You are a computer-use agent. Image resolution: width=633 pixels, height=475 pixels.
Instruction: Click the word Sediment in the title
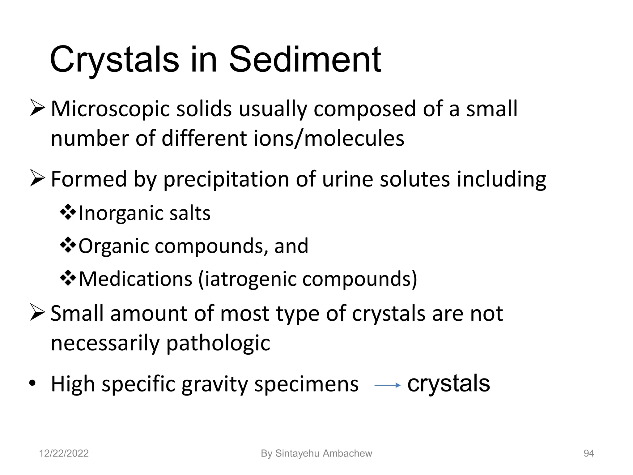tap(305, 59)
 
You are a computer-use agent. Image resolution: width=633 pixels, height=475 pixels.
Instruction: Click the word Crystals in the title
tap(114, 59)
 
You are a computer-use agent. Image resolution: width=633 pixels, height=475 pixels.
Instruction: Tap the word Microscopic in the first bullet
tap(110, 109)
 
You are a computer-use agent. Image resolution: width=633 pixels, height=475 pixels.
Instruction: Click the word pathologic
tap(218, 343)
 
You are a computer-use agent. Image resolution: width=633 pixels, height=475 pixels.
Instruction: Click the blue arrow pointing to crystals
tap(387, 385)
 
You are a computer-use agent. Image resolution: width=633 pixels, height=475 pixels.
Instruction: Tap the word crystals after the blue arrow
tap(448, 383)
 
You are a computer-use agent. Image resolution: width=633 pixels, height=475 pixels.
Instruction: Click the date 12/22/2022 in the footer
tap(64, 453)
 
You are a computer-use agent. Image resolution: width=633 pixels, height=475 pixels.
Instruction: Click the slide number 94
tap(588, 453)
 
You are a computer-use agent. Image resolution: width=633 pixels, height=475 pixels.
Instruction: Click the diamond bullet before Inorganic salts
tap(68, 213)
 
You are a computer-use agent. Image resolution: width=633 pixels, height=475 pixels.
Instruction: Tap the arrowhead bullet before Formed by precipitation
tap(37, 179)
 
